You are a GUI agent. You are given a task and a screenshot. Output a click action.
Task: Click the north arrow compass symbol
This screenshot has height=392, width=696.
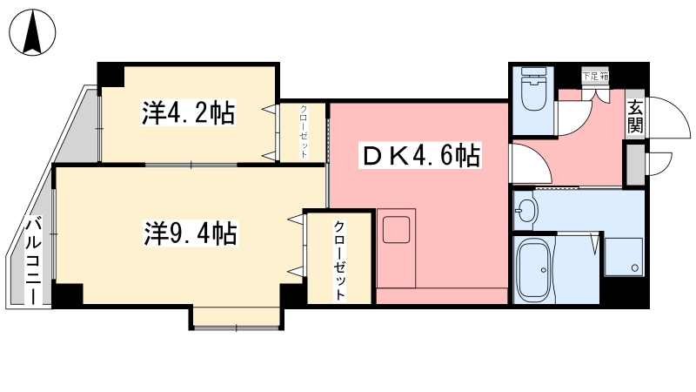tap(32, 34)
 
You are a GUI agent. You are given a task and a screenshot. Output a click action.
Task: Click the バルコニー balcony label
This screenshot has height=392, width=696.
tap(32, 260)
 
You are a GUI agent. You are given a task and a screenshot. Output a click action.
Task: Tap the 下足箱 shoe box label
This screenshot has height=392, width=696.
tap(596, 77)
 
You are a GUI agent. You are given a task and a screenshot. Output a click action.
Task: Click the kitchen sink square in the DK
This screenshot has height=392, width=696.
tap(397, 229)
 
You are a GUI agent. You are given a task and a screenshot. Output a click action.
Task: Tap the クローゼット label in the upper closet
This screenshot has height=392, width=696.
tap(304, 131)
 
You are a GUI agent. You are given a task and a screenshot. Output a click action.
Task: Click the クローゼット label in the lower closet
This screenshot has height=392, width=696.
tap(339, 259)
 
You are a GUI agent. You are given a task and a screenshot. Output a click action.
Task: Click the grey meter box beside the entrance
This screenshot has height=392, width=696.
tap(635, 163)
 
